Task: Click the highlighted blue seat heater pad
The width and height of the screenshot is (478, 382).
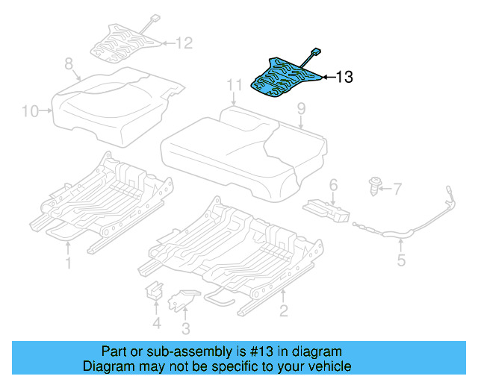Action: [284, 75]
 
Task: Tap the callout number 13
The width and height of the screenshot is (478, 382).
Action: [344, 76]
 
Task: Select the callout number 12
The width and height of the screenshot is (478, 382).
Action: [183, 43]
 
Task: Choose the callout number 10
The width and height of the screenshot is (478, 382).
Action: [30, 112]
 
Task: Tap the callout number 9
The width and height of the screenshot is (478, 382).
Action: [301, 110]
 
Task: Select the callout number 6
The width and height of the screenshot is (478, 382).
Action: [333, 184]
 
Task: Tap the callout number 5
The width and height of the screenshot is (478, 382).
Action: [400, 260]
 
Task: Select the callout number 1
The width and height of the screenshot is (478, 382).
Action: [68, 263]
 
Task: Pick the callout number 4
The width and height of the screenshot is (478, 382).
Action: [156, 323]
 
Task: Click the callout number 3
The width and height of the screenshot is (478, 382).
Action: [185, 328]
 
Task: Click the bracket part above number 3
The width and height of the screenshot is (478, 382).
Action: [181, 299]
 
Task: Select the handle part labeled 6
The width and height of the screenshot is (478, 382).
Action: [326, 209]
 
